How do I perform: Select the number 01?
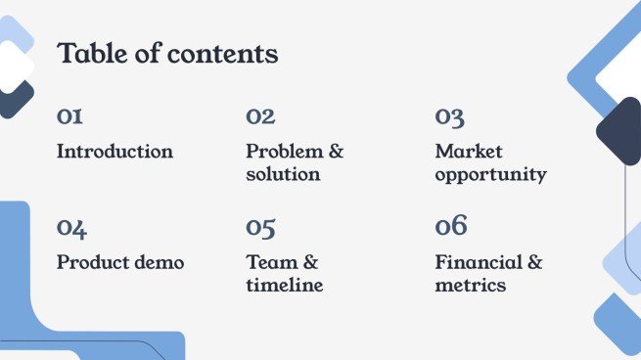(69, 116)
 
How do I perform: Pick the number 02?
(260, 116)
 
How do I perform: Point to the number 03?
(450, 116)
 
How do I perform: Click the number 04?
(71, 228)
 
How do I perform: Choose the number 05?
(260, 228)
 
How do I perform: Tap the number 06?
(451, 227)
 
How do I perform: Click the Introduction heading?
(114, 152)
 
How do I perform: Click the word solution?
(283, 175)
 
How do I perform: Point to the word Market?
(469, 152)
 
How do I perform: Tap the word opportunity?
(490, 176)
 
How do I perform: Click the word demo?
(159, 263)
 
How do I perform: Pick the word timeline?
(284, 286)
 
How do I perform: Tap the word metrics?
(471, 286)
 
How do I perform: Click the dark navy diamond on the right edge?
(619, 131)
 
